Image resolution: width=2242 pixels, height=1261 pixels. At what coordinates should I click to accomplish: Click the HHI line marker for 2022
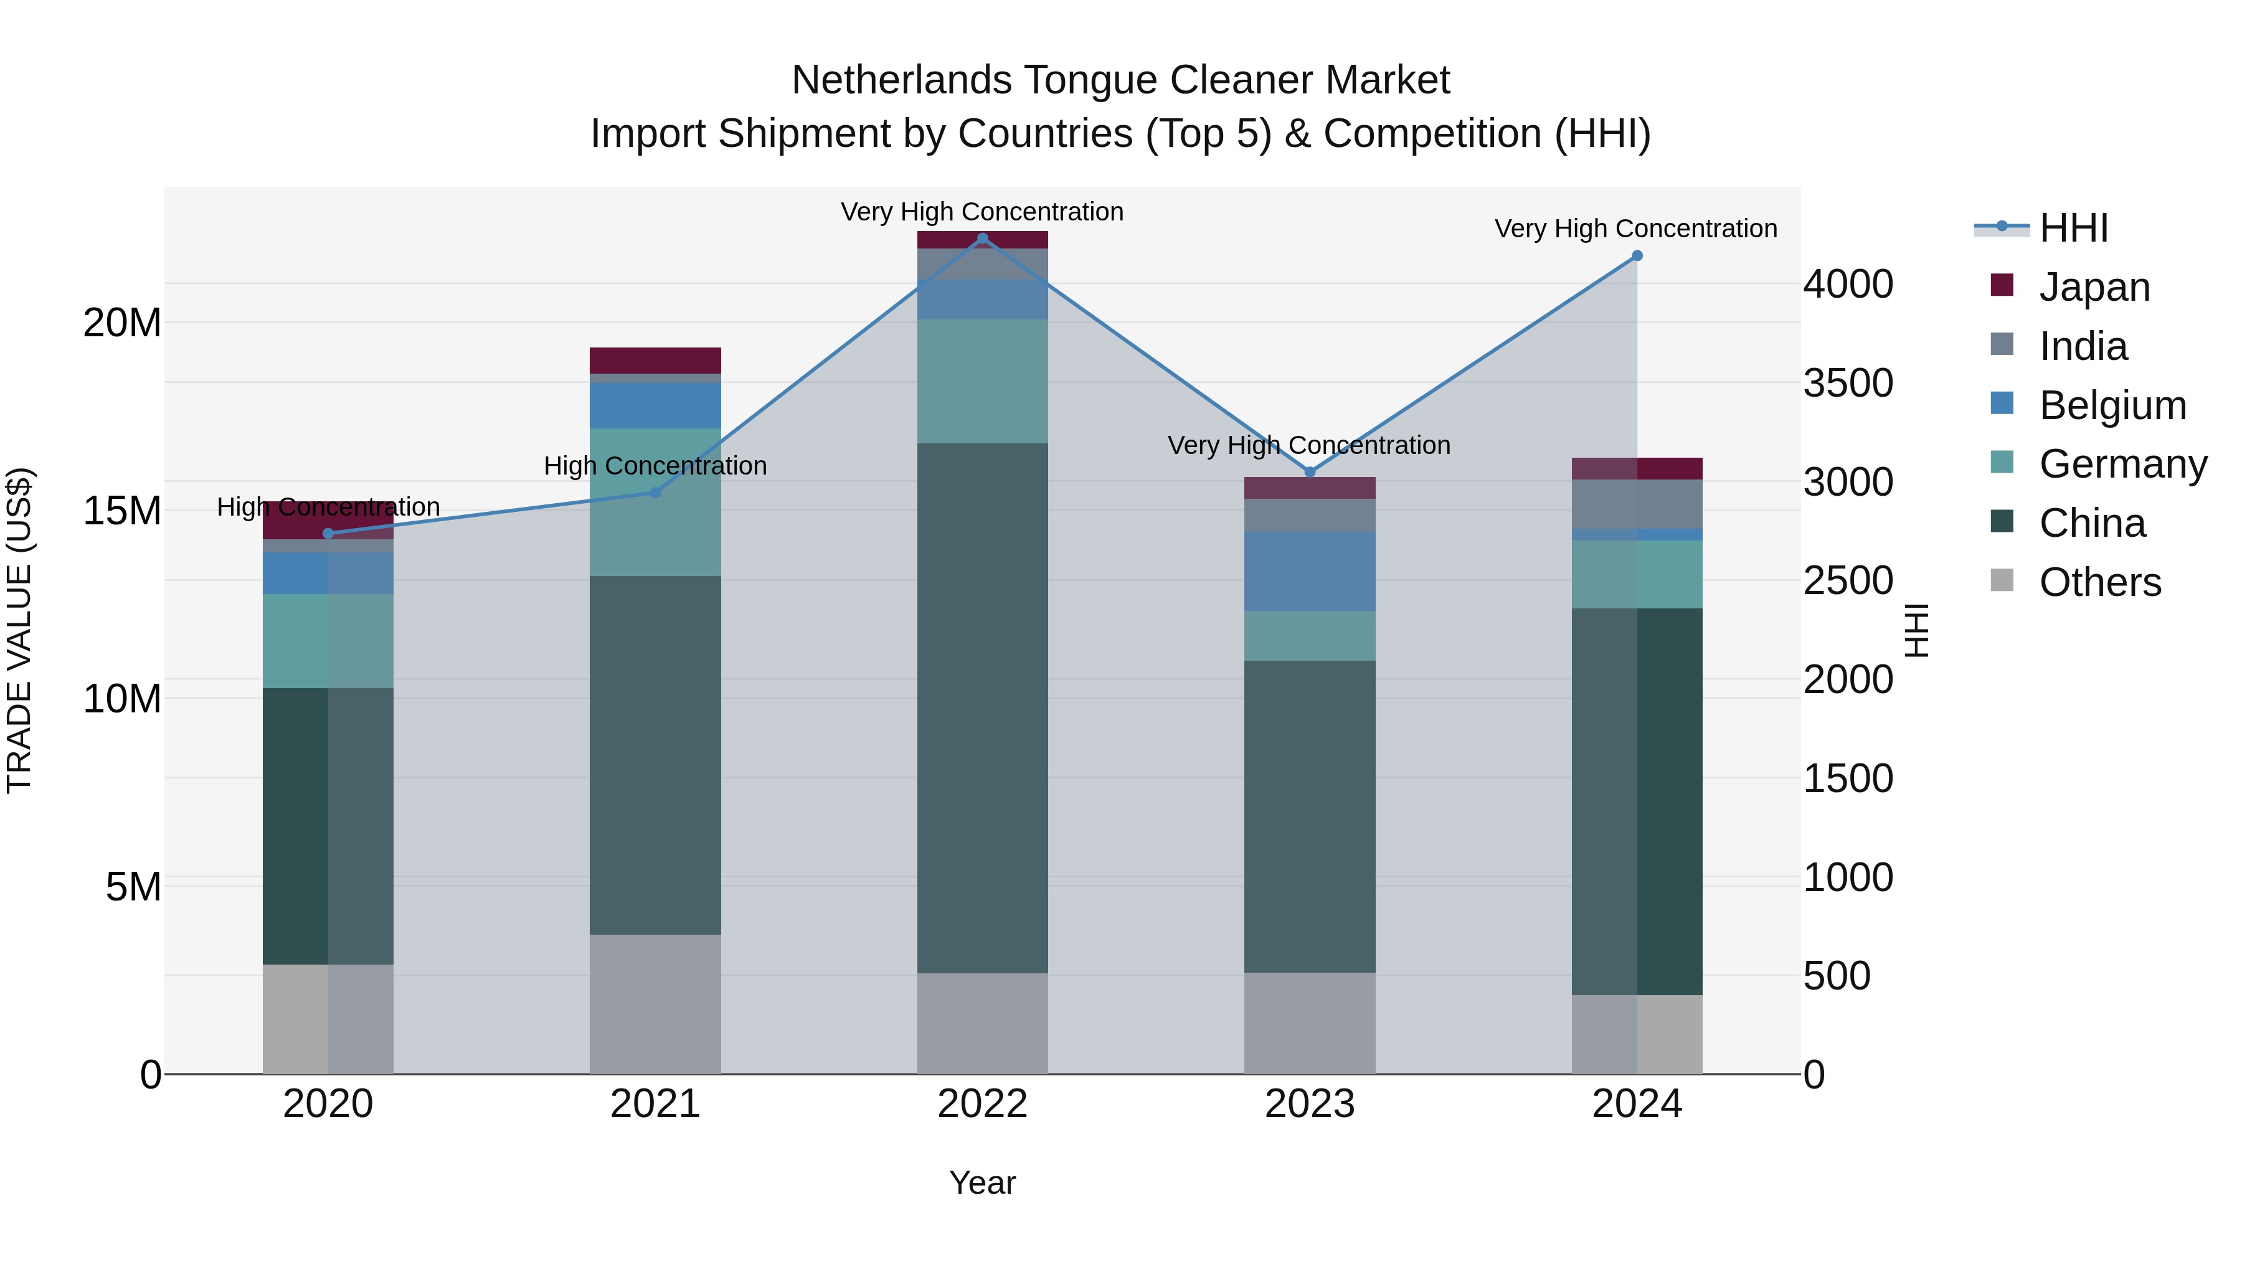(983, 239)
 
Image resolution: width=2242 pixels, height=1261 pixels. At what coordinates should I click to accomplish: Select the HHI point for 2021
(655, 493)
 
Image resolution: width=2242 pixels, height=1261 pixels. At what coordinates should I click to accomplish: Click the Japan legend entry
(2093, 286)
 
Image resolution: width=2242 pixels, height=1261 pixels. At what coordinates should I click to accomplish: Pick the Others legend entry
(2099, 582)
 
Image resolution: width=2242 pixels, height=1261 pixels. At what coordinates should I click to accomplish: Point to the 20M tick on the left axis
(122, 323)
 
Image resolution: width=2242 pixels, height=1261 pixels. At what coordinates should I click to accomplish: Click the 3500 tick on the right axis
(1848, 383)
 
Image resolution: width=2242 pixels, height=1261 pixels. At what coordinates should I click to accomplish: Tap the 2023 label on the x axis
(1309, 1104)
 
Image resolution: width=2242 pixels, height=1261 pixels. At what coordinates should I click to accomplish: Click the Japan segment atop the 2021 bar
(655, 361)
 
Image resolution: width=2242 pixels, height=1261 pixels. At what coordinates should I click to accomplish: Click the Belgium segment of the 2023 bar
(1309, 571)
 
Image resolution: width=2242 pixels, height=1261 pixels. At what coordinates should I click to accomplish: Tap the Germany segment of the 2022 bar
(983, 381)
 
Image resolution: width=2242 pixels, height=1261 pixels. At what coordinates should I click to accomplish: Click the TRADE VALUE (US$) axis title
(19, 630)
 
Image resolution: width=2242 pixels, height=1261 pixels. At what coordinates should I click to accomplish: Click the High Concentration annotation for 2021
(655, 466)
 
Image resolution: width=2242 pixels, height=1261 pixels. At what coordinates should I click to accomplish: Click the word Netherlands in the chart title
(901, 80)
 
